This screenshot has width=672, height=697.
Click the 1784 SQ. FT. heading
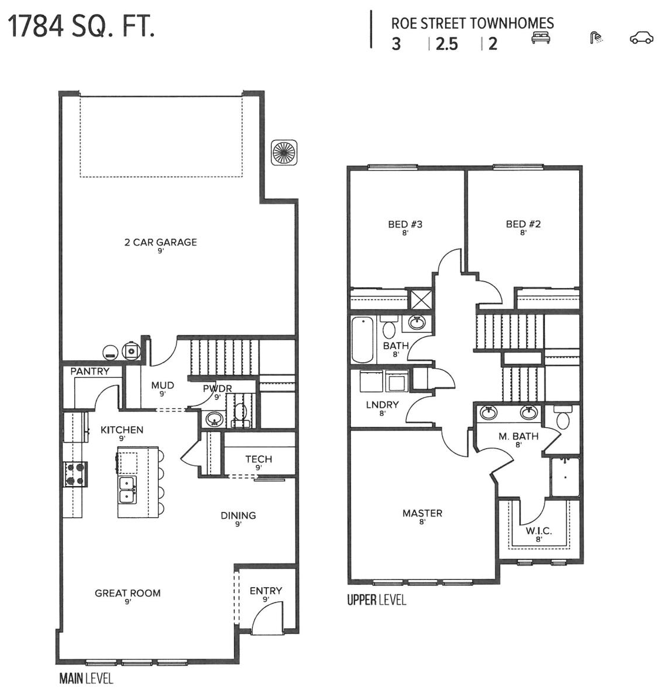tap(81, 26)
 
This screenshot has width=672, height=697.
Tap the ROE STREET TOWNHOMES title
tap(472, 24)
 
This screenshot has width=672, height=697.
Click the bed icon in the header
tap(541, 38)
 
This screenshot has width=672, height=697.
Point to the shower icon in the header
tap(596, 38)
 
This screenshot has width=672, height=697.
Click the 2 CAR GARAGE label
tap(161, 242)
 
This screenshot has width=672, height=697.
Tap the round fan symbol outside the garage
tap(283, 153)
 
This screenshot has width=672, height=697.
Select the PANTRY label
tap(90, 371)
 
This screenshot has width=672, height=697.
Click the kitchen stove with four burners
tap(76, 474)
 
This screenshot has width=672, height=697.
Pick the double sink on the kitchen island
tap(128, 490)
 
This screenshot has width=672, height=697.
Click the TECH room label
tap(259, 459)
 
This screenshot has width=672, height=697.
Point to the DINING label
tap(238, 515)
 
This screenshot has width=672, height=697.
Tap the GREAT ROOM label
tap(128, 593)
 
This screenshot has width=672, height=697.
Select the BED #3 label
tap(405, 224)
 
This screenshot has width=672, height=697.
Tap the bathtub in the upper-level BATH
tap(362, 340)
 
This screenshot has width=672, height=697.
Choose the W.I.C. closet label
tap(539, 531)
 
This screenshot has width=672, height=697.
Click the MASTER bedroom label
tap(422, 513)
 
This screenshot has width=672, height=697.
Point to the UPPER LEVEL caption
tap(376, 600)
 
